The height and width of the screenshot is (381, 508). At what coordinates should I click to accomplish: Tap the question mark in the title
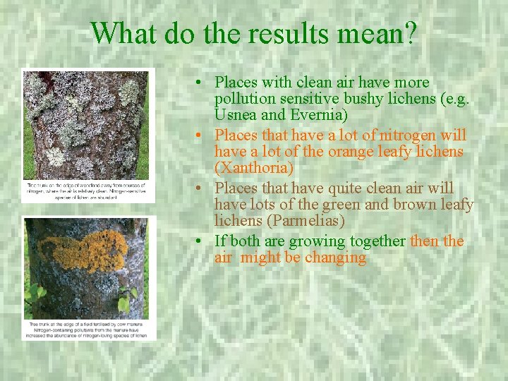point(410,32)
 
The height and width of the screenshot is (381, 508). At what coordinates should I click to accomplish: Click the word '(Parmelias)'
point(249,221)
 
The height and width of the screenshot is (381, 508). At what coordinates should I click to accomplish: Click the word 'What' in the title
point(117,32)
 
